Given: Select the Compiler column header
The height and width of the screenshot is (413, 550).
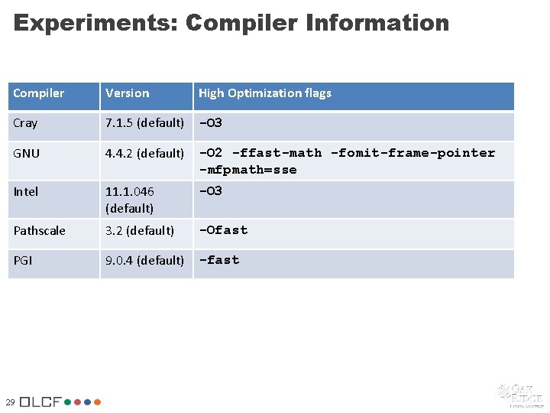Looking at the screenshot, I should pos(39,93).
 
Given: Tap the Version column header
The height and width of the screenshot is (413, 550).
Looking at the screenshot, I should pos(128,93).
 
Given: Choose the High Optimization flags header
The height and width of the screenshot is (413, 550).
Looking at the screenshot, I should pos(265,93).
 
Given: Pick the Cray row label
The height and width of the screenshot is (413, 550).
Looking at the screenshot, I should pos(25,123).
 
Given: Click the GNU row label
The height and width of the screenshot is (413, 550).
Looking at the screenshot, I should pos(27,154).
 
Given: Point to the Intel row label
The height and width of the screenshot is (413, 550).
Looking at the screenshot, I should pos(26,191).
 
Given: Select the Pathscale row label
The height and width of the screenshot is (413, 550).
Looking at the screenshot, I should pos(40,230).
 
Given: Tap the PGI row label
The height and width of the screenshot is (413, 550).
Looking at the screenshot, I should pos(24,261).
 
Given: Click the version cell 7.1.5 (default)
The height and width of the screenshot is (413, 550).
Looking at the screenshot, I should pos(145,123).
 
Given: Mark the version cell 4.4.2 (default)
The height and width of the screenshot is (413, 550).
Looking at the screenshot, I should pos(145,154).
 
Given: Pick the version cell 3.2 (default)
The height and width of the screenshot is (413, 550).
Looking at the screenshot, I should pos(140,230).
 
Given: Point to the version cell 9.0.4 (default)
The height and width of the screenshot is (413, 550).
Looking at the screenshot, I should pos(145,261).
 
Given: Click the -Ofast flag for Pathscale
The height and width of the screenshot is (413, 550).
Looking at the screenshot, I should pos(224,229).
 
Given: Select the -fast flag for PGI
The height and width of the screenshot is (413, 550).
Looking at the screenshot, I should pos(219,260).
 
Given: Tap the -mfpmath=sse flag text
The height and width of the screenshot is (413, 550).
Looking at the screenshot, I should pos(248,170).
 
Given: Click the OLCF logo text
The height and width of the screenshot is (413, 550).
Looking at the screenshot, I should pos(41,402).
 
